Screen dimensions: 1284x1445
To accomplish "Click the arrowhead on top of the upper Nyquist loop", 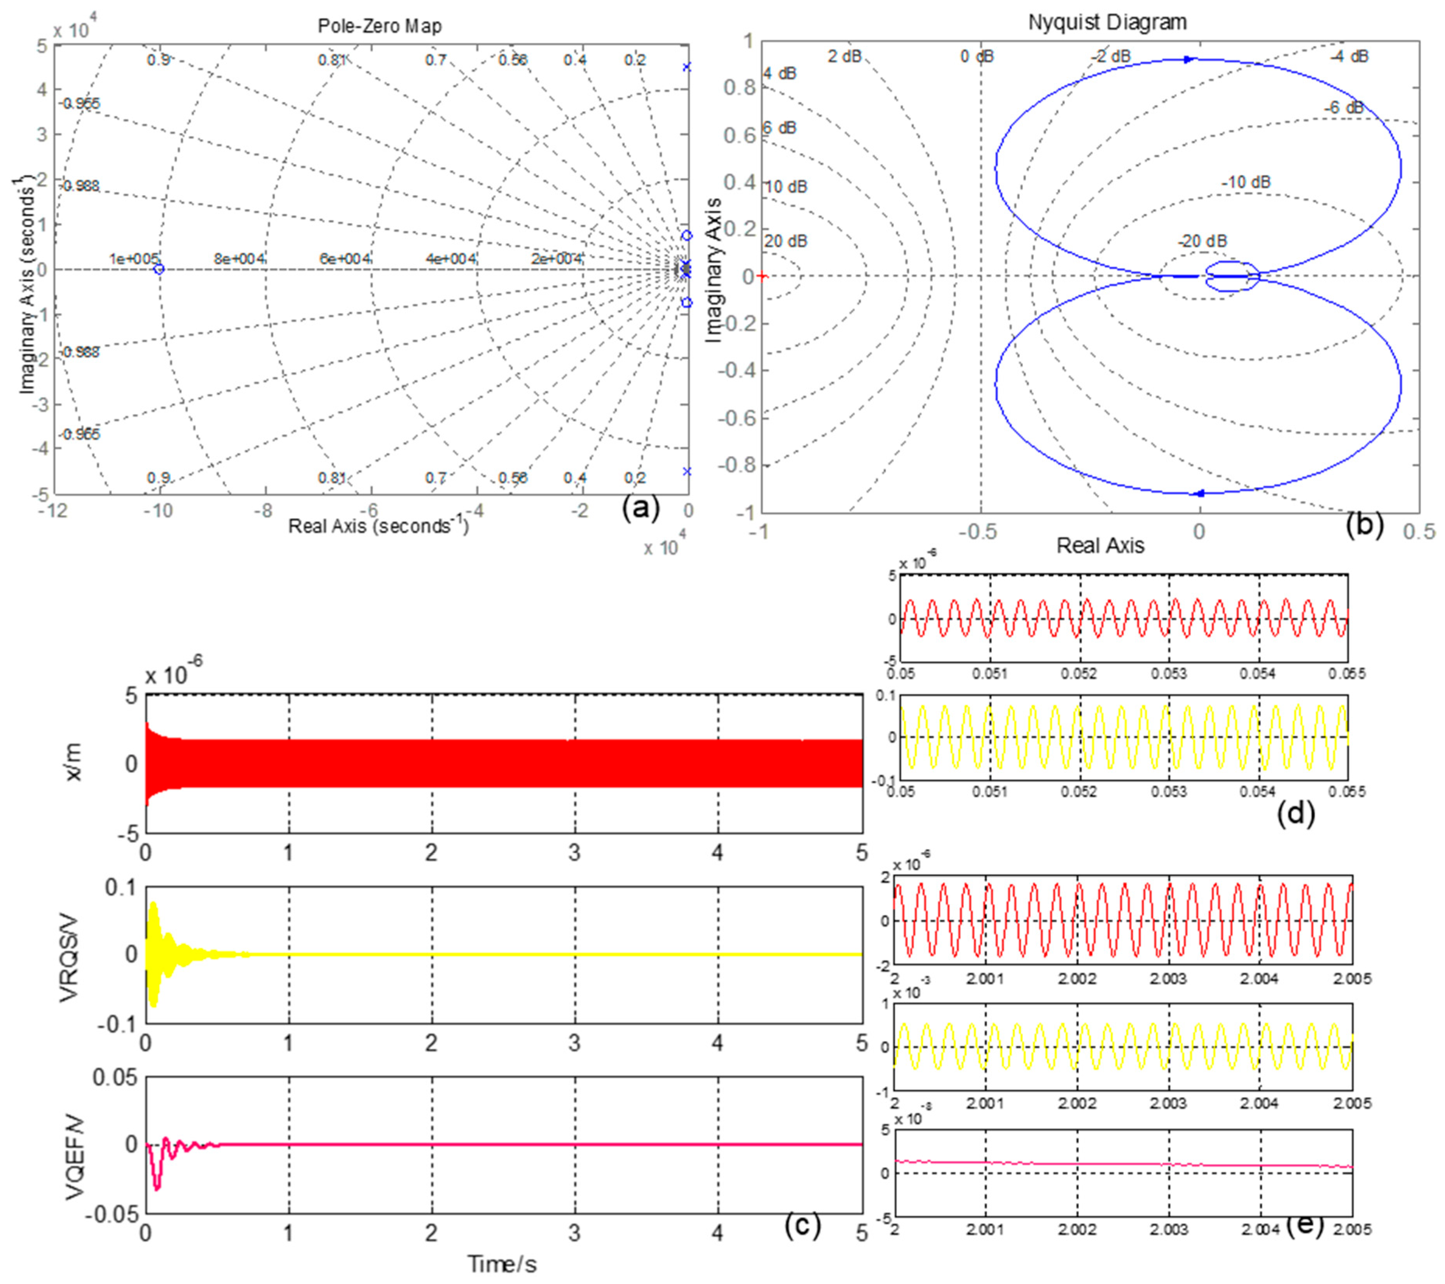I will tap(1189, 59).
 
